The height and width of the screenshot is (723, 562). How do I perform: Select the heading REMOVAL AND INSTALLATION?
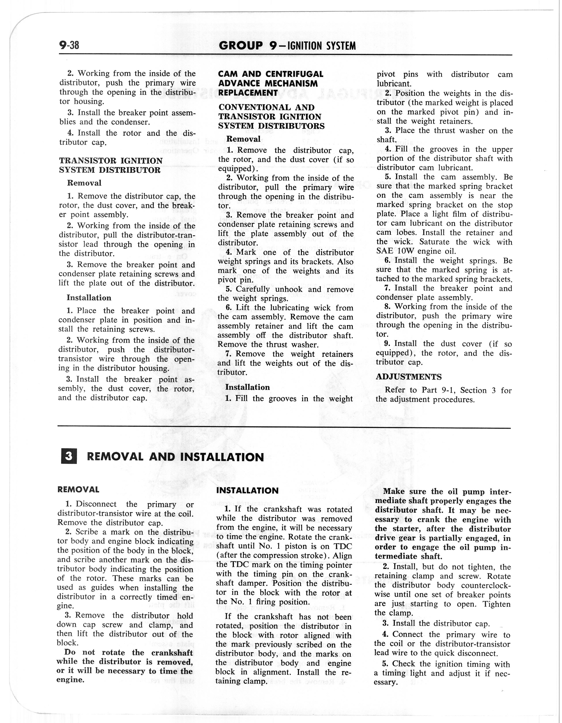175,457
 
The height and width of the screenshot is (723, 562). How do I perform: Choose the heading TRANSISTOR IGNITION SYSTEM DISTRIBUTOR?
111,166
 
